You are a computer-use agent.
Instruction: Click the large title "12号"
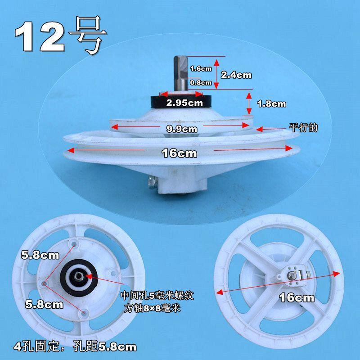pos(61,36)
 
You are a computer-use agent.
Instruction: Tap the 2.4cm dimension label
pos(236,75)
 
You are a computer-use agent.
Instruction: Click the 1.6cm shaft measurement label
pos(201,68)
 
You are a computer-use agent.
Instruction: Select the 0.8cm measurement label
pos(201,82)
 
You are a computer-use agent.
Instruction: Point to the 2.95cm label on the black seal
pos(184,103)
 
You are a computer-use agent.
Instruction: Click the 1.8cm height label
pos(271,104)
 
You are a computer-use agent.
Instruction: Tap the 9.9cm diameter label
pos(182,129)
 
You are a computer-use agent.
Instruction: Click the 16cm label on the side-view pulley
pos(179,153)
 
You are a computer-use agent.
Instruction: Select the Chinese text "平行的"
pos(303,127)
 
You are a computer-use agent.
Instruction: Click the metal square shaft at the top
pos(181,73)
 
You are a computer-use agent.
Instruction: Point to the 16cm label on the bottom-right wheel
pos(297,298)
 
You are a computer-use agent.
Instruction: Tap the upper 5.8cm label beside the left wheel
pos(40,255)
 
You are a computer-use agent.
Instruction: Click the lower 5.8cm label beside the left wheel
pos(44,305)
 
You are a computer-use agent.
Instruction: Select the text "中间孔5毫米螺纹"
pos(157,296)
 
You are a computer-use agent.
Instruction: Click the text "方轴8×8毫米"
pos(152,308)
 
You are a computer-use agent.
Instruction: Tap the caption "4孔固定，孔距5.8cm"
pos(75,346)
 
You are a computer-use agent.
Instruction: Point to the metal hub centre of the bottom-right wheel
pos(291,275)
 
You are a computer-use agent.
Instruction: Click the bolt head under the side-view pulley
pos(152,183)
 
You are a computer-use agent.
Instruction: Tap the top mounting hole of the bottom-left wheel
pos(74,243)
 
